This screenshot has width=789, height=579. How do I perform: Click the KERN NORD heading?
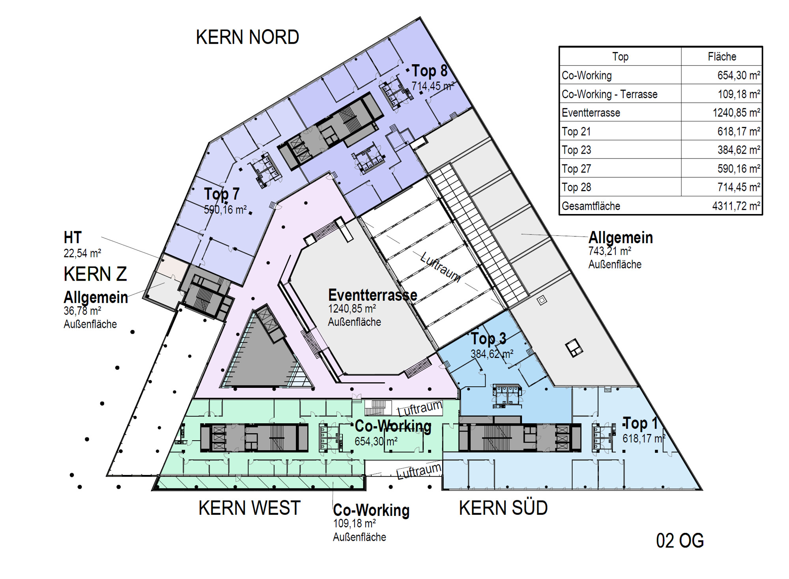tap(247, 37)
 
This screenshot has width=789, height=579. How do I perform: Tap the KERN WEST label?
tap(249, 508)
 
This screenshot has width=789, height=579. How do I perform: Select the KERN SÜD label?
tap(503, 508)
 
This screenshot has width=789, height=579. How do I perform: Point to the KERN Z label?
tap(95, 274)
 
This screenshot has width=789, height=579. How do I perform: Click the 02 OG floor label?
tap(680, 541)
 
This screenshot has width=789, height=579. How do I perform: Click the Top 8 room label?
tap(430, 71)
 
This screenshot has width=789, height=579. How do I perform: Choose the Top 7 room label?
tap(222, 194)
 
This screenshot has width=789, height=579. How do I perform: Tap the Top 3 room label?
tap(488, 339)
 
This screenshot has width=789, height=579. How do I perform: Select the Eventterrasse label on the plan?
tap(372, 295)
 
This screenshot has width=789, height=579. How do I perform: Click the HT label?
tap(73, 238)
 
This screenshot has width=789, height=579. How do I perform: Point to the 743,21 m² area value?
tap(610, 251)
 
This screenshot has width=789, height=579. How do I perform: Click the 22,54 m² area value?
tap(82, 253)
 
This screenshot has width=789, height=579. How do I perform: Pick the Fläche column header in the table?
tap(722, 57)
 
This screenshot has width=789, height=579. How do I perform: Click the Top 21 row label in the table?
tap(576, 132)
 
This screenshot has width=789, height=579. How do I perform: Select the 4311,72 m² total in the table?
tap(736, 206)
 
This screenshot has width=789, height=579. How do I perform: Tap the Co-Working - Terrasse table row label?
tap(610, 94)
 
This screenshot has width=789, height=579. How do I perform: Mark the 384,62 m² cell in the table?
tap(739, 150)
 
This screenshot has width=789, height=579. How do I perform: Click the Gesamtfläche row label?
tap(591, 206)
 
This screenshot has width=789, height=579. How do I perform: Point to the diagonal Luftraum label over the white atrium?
tap(441, 267)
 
